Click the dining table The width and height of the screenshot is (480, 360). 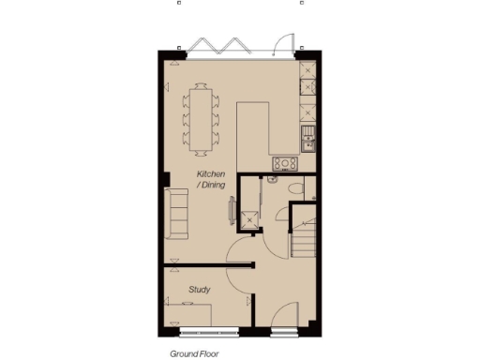pyautogui.click(x=201, y=117)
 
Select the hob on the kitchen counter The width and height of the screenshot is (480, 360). pyautogui.click(x=284, y=164)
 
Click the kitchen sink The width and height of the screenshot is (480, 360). pyautogui.click(x=307, y=141)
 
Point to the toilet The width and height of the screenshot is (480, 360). pyautogui.click(x=297, y=190)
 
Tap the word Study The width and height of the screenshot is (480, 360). pyautogui.click(x=199, y=290)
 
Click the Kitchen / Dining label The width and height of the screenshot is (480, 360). pyautogui.click(x=210, y=180)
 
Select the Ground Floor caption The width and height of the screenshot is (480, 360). pyautogui.click(x=191, y=354)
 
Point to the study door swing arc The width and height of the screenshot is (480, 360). pyautogui.click(x=238, y=249)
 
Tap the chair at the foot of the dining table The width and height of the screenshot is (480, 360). pyautogui.click(x=201, y=150)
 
